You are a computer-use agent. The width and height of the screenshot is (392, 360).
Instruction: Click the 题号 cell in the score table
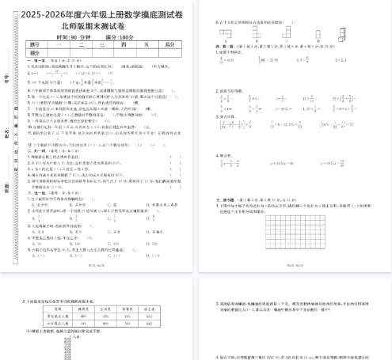33,45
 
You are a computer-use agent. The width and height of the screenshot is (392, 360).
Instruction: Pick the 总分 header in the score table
169,45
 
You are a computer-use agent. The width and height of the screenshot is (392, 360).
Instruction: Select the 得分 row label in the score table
33,53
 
